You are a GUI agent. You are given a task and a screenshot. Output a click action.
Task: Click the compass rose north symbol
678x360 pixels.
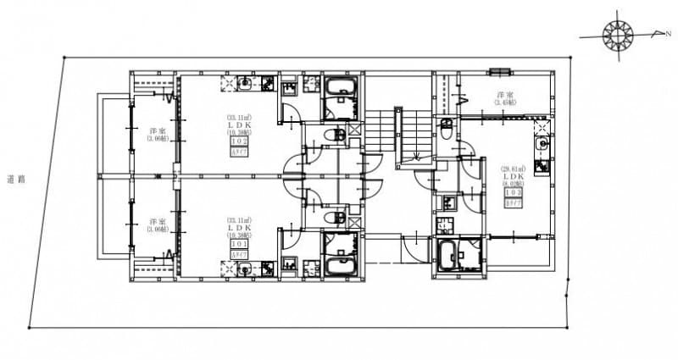coord(619,35)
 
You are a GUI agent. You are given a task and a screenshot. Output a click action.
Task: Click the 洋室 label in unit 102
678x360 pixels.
coord(157,131)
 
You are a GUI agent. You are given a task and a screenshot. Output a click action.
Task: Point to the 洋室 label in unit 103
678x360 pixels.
coord(506,95)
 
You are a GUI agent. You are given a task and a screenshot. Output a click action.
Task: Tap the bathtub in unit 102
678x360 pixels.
coord(342,88)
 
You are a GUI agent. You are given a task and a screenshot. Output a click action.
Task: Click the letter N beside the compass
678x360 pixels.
coord(669,34)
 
